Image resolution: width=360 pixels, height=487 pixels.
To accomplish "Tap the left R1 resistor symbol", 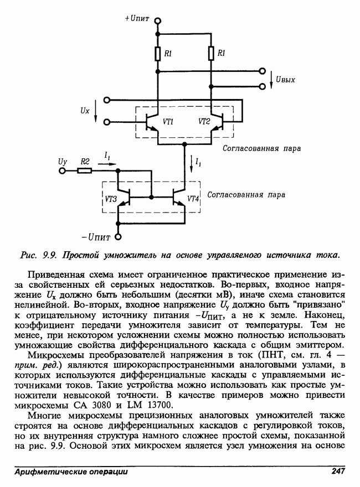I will [157, 53].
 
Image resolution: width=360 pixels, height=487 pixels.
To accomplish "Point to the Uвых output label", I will [285, 79].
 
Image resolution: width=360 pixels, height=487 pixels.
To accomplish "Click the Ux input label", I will [84, 111].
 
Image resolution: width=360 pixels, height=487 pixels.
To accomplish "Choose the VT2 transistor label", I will [203, 122].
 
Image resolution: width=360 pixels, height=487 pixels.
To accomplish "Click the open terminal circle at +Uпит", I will [157, 20].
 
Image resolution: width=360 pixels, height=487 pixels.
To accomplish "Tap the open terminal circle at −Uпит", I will [118, 238].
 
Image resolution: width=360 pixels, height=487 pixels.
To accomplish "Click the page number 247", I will [338, 472].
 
